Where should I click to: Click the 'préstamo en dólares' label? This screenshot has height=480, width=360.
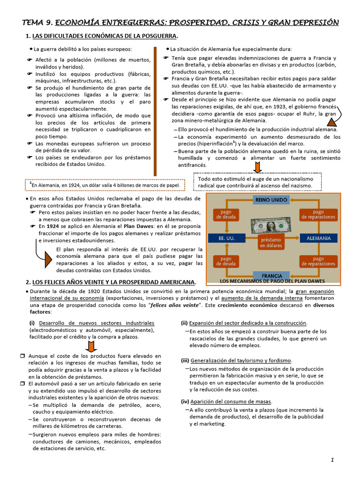[271, 242]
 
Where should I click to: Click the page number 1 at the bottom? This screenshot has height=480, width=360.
[332, 460]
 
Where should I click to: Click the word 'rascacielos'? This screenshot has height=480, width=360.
[203, 338]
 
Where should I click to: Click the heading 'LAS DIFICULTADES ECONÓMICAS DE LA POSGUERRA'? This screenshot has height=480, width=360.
[105, 36]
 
